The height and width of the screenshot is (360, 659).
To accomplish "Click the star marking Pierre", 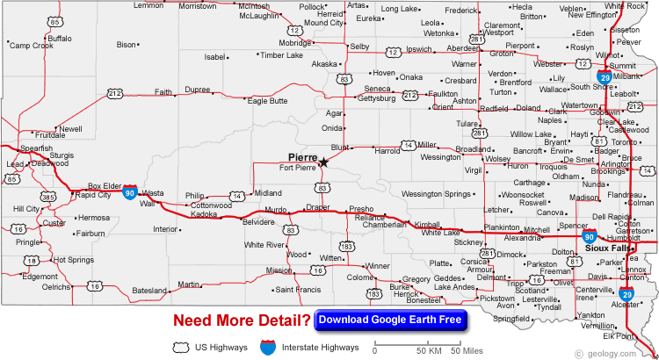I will (323, 162).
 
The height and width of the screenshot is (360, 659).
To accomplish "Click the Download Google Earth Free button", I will (390, 320).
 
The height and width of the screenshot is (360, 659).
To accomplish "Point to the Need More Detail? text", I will (242, 320).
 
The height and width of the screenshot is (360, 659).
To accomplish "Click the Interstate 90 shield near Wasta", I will (129, 191).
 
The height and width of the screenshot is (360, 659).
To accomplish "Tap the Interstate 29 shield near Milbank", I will (605, 76).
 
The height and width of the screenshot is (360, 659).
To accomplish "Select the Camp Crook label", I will (32, 46).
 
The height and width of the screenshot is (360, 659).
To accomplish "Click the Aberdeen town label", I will (463, 48).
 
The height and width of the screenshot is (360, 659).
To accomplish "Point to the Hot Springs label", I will (73, 260).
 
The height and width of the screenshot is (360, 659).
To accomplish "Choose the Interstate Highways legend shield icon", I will (268, 349).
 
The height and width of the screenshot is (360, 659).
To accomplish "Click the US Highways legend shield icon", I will (183, 349).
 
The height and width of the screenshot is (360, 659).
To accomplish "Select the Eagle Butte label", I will (267, 101).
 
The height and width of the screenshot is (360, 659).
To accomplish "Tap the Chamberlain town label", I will (385, 225).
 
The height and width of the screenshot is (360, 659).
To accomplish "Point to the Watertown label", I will (580, 105).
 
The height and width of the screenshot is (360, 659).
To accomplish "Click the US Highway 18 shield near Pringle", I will (31, 261).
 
